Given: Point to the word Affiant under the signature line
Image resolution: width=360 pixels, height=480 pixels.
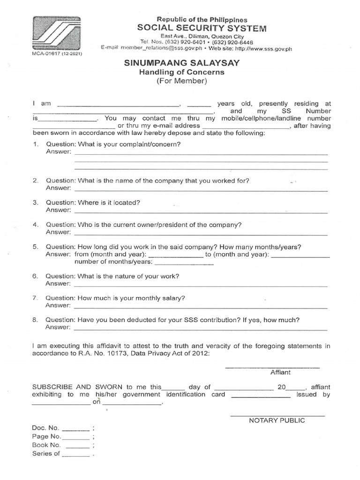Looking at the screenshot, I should tap(280, 372).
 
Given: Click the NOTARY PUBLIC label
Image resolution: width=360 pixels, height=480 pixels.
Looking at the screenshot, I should tap(277, 420).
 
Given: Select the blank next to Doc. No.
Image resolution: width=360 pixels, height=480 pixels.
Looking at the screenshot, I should tap(75, 429).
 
